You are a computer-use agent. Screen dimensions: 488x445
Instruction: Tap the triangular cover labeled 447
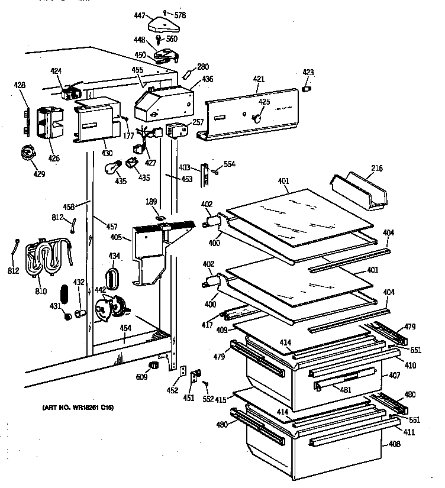coord(167,25)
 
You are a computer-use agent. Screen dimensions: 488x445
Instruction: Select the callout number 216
coord(377,169)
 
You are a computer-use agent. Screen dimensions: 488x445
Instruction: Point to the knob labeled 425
coord(257,119)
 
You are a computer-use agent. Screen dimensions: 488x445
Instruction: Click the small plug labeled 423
coord(307,89)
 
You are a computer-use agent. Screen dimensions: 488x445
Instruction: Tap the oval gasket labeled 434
coord(112,278)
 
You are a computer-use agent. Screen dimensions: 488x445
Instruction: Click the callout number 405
coord(116,238)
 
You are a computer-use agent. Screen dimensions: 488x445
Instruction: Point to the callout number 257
coord(198,122)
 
